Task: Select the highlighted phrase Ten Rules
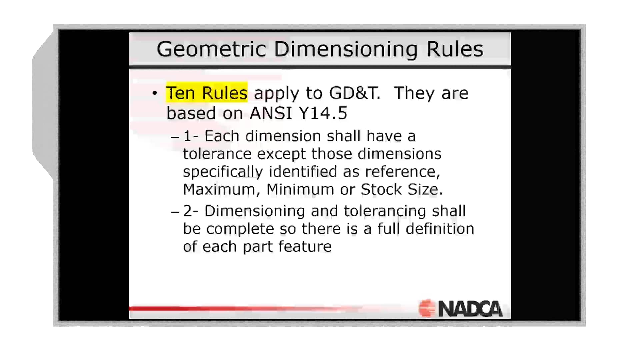[x=207, y=93]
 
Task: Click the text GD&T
[x=354, y=93]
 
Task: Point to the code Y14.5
[x=323, y=113]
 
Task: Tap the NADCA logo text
[x=470, y=309]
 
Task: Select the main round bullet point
[x=154, y=93]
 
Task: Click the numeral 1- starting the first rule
[x=191, y=136]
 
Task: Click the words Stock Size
[x=401, y=190]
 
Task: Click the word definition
[x=440, y=229]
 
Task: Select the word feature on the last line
[x=305, y=247]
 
